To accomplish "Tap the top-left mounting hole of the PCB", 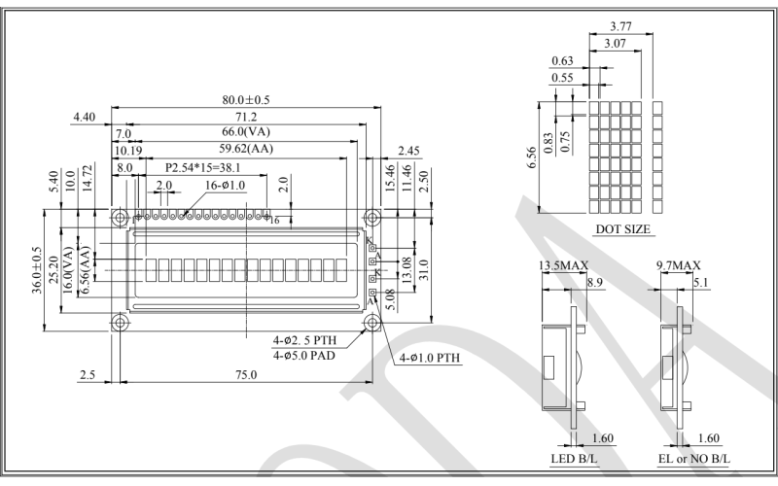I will tap(120, 217).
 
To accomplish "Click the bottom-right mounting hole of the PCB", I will tap(371, 321).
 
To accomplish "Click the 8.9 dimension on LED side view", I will tap(596, 282).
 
